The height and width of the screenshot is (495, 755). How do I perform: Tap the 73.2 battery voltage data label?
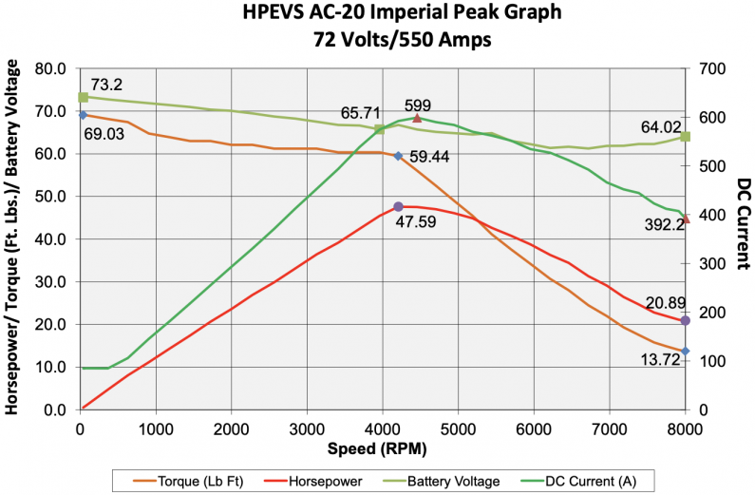[x=107, y=85]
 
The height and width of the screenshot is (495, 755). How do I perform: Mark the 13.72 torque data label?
[x=659, y=360]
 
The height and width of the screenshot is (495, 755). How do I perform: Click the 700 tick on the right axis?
[x=711, y=69]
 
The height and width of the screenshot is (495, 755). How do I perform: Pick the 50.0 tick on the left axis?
[x=50, y=197]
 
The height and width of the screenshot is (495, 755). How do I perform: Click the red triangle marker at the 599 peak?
[x=417, y=118]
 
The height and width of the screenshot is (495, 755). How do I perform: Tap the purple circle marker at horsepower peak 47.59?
[x=399, y=206]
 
